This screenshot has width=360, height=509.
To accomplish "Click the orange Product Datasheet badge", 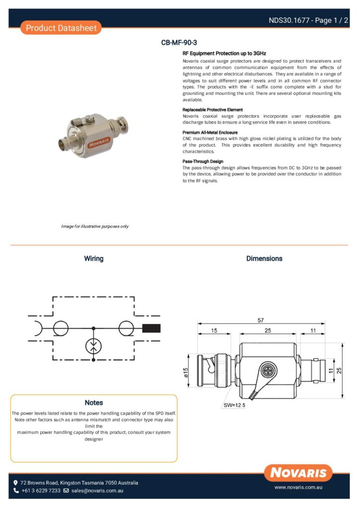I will point(61,28).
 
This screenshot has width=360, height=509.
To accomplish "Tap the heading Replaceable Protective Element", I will point(212,109).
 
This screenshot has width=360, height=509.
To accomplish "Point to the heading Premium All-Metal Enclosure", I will point(210,133).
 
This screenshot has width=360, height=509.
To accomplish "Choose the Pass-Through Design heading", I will point(203,162).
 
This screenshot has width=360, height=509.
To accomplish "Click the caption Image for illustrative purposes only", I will point(94,226).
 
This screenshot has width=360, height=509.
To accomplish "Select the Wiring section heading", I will point(93,258).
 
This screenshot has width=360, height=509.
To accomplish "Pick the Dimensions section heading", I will point(264,258).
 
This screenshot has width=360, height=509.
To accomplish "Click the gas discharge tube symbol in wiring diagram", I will point(93,346).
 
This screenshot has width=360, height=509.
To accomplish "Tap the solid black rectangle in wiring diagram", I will point(152,328).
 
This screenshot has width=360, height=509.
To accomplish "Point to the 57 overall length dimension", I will point(261,321).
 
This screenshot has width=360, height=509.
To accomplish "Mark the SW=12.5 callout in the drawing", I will point(234,405).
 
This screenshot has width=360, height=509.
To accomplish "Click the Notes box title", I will point(93,403).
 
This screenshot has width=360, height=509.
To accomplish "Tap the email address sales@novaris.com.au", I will point(97,491).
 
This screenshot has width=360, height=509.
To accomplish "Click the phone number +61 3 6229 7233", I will point(41,491).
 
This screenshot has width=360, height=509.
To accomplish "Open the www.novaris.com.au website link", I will point(299,488).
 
